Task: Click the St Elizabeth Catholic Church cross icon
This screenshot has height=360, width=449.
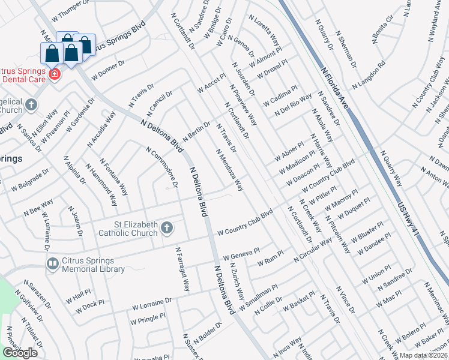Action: click(x=167, y=227)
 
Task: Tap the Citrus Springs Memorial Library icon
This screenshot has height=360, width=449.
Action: click(x=52, y=263)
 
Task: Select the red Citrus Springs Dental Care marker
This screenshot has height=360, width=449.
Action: click(x=55, y=74)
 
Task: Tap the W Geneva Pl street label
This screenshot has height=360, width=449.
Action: click(x=241, y=255)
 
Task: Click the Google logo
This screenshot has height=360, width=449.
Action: click(x=20, y=353)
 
